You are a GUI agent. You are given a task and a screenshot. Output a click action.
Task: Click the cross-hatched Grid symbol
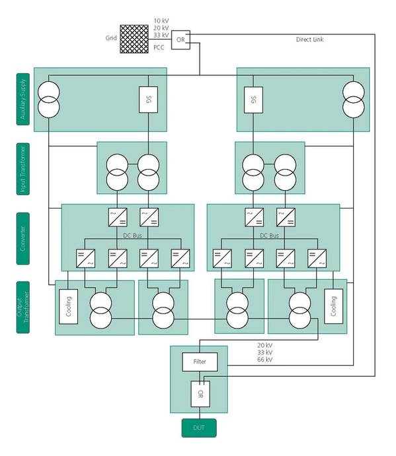coord(134,39)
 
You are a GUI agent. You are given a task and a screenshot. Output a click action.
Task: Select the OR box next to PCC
coord(180,40)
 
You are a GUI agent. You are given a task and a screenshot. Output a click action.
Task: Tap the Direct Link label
coord(309,40)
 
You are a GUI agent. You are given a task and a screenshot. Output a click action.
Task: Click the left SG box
coord(147,100)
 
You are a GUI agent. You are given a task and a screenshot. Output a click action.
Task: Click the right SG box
coord(253,100)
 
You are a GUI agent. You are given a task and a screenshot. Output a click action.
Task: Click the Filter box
coord(200,362)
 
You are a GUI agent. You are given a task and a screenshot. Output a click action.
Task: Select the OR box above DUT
coord(200,395)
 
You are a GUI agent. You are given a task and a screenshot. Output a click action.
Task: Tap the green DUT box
coord(199,428)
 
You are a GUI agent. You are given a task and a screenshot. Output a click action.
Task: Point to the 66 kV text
coord(264,360)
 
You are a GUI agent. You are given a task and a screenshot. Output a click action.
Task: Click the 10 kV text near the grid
coord(161,21)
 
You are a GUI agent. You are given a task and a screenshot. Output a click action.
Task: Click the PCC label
coord(159,47)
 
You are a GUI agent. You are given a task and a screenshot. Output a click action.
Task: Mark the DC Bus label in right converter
coord(269,236)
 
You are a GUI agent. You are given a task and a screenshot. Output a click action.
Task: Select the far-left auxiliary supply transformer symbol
coord(49,99)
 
